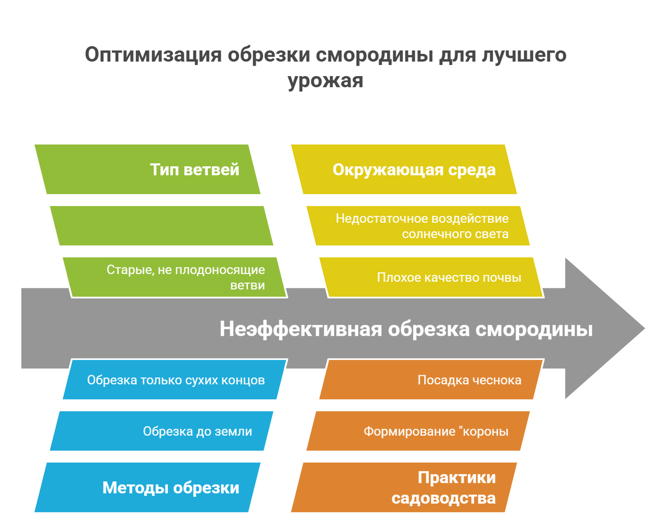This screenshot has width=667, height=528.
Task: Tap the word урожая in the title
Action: tap(325, 81)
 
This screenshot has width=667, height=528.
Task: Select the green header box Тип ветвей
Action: tap(147, 170)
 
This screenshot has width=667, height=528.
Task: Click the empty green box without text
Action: tap(161, 225)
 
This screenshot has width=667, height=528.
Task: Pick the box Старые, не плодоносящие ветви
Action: tap(175, 277)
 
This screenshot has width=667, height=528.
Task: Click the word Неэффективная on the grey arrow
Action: tap(300, 329)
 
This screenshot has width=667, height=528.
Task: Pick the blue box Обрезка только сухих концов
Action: tap(175, 380)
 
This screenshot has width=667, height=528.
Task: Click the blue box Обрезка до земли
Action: tap(161, 431)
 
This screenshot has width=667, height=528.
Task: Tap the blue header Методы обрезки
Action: tap(147, 487)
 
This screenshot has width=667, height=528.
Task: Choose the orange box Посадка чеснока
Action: tap(431, 380)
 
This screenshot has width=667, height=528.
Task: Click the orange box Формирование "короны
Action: tap(418, 431)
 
